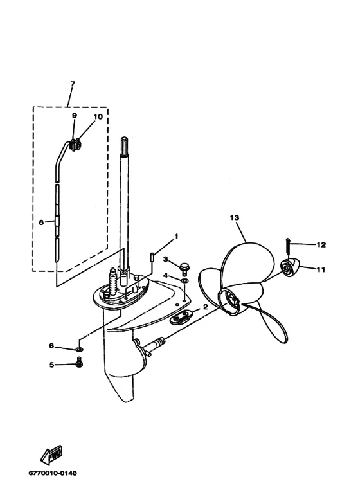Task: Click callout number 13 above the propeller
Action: coord(235,218)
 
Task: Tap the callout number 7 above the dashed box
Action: coord(73,84)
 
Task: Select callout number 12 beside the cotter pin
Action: coord(321,245)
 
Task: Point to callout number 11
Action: coord(321,270)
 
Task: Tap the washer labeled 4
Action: coord(184,281)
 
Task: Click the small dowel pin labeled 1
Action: coord(152,257)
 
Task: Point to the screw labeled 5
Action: coord(79,362)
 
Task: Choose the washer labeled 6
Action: coord(79,349)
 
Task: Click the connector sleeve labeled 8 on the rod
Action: coord(57,220)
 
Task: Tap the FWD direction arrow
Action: coord(51,454)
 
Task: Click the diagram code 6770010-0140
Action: coord(53,473)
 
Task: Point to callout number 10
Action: coord(98,116)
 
